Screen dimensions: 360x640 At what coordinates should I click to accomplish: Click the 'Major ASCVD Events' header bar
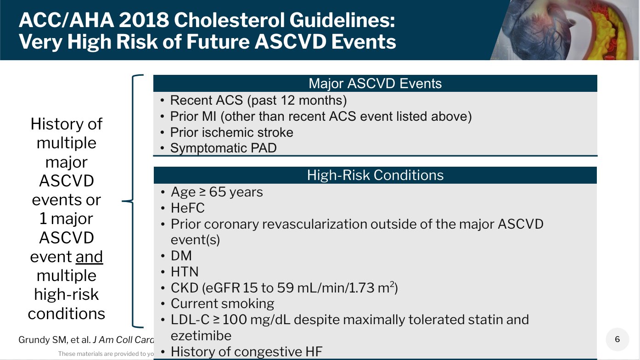pyautogui.click(x=375, y=84)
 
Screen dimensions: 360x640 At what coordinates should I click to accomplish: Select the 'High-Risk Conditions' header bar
pyautogui.click(x=375, y=175)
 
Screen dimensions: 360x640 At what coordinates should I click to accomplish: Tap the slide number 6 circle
pyautogui.click(x=617, y=339)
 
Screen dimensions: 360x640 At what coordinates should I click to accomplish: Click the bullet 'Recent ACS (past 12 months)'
pyautogui.click(x=258, y=100)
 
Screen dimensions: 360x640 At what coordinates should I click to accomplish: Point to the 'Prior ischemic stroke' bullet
pyautogui.click(x=231, y=132)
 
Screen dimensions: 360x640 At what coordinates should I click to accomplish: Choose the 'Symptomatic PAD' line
pyautogui.click(x=223, y=148)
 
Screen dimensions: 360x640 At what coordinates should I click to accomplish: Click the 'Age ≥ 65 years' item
pyautogui.click(x=217, y=191)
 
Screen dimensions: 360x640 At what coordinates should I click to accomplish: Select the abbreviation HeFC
pyautogui.click(x=188, y=208)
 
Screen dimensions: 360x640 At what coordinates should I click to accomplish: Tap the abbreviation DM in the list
pyautogui.click(x=181, y=256)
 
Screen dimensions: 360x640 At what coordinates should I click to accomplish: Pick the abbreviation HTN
pyautogui.click(x=185, y=272)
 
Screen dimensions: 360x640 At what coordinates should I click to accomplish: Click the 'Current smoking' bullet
pyautogui.click(x=222, y=304)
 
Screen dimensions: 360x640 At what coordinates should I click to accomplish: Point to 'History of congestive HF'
pyautogui.click(x=247, y=352)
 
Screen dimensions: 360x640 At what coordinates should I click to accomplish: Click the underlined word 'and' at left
pyautogui.click(x=89, y=257)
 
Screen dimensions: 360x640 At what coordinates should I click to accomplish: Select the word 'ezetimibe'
pyautogui.click(x=201, y=335)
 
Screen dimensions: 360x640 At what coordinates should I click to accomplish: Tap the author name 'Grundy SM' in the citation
pyautogui.click(x=37, y=340)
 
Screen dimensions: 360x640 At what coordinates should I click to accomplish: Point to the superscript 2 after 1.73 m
pyautogui.click(x=392, y=284)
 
